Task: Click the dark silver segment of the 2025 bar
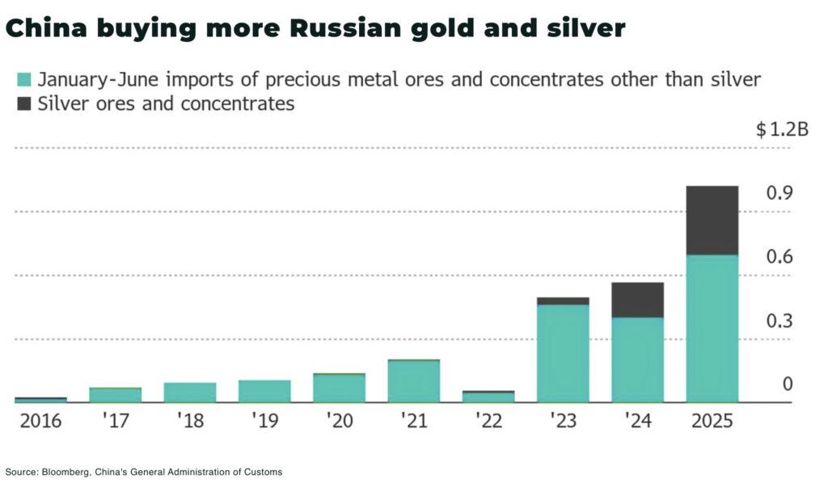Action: (x=712, y=221)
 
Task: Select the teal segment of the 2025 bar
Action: (x=712, y=328)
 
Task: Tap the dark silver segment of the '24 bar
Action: (x=637, y=300)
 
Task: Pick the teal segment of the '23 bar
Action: (x=563, y=353)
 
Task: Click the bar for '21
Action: (x=413, y=381)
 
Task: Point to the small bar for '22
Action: (x=488, y=397)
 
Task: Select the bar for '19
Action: (x=264, y=391)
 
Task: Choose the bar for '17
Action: (x=115, y=394)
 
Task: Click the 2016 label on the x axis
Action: (x=40, y=422)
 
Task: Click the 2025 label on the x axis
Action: (x=712, y=422)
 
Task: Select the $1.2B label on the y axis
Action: (x=782, y=130)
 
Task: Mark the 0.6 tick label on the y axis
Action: (x=779, y=257)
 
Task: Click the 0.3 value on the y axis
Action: (x=779, y=322)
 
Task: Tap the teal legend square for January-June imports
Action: (x=24, y=80)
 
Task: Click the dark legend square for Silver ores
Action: (x=24, y=103)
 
